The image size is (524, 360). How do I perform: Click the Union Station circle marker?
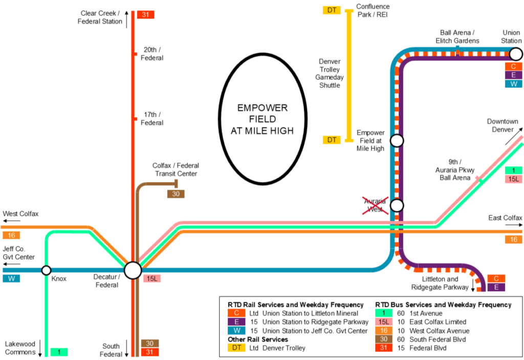click(x=515, y=54)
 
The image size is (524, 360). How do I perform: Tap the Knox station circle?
click(x=46, y=271)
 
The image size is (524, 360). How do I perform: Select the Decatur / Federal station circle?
click(x=133, y=271)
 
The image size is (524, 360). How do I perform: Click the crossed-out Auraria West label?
click(x=375, y=205)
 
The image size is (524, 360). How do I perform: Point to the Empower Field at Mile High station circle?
click(x=397, y=140)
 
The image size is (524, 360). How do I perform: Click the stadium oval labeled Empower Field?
click(x=262, y=119)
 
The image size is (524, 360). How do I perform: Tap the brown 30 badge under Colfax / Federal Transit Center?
click(x=176, y=194)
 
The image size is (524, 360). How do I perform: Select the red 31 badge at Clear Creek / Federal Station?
click(x=145, y=15)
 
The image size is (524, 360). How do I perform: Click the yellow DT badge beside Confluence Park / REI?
click(x=331, y=10)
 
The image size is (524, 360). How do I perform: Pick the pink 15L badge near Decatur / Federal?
click(x=152, y=279)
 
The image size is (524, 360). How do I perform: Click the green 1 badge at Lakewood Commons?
click(x=59, y=352)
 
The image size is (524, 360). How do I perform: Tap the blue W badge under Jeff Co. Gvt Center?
click(x=11, y=279)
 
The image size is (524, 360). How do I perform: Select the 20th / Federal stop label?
click(x=152, y=54)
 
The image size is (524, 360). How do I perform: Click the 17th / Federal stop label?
click(x=152, y=119)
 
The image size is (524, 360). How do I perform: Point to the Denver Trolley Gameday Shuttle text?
click(x=330, y=73)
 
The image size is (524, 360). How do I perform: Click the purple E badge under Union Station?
click(x=513, y=75)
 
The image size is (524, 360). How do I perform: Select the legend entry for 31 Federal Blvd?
click(x=420, y=348)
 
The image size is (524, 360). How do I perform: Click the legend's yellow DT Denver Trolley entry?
click(x=266, y=348)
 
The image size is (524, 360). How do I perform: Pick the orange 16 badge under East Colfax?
click(x=513, y=239)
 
